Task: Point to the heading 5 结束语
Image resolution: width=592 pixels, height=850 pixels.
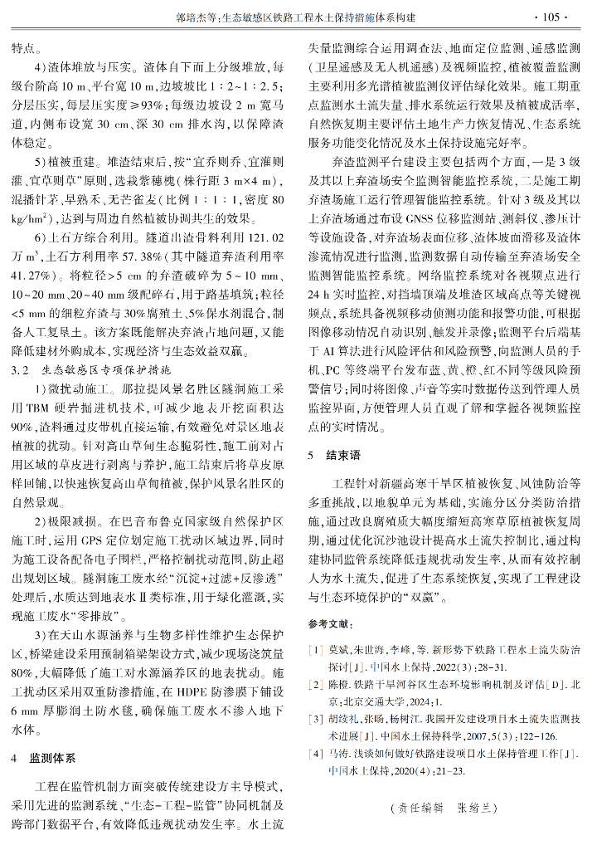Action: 334,456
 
